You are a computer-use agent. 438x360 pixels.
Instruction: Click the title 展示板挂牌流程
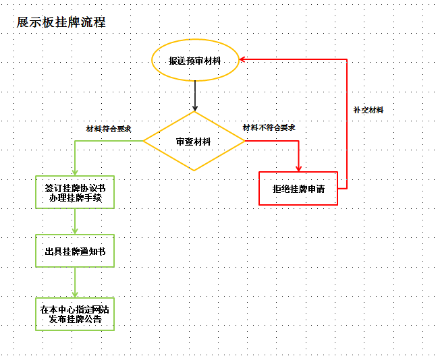(x=61, y=22)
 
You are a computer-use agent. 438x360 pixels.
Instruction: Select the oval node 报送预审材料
(x=195, y=61)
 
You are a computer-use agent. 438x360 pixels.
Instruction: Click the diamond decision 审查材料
(x=194, y=142)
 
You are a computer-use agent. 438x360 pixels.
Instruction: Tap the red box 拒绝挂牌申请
(x=298, y=189)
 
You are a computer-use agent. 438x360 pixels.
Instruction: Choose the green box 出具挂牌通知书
(x=75, y=251)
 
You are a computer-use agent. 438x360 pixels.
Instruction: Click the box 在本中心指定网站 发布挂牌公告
(x=75, y=314)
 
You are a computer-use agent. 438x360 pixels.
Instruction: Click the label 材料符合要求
(x=109, y=128)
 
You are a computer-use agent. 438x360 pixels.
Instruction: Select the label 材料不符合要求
(x=269, y=127)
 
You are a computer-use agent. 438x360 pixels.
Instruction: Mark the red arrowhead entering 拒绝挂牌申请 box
(x=298, y=168)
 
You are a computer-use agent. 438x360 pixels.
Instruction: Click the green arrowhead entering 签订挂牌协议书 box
(x=75, y=172)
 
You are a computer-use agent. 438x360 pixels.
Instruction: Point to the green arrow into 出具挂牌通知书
(x=75, y=222)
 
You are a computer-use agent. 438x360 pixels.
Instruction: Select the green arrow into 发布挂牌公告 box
(x=75, y=283)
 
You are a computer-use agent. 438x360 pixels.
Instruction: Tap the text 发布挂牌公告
(x=75, y=320)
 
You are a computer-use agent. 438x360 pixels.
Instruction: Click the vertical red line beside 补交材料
(x=347, y=135)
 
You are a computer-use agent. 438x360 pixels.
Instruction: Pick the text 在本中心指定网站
(x=75, y=309)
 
